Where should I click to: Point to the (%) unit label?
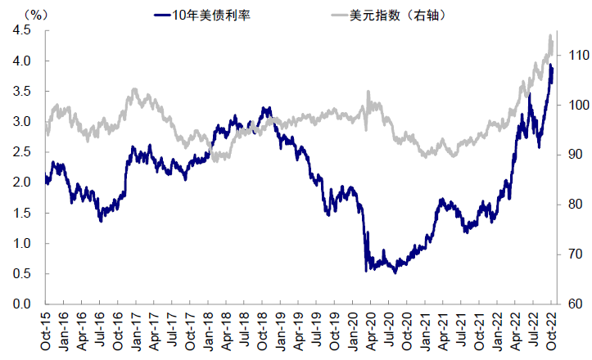34,14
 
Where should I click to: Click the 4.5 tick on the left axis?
22,30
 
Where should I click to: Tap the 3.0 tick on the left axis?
22,122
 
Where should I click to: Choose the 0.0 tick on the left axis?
22,304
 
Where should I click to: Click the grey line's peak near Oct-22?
549,35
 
